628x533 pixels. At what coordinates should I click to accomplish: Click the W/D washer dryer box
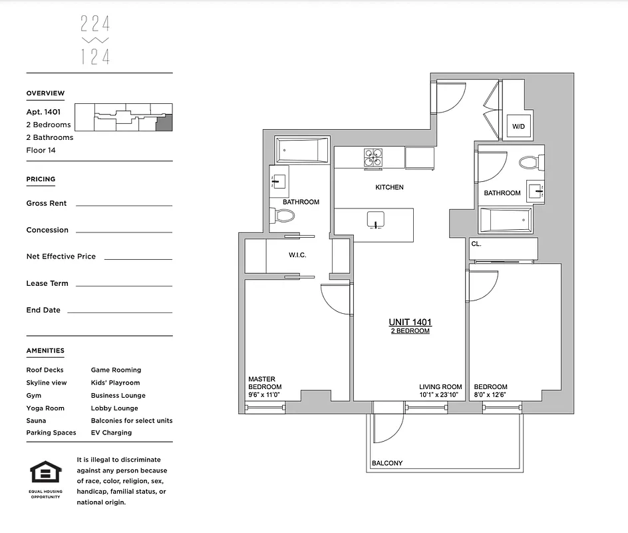point(518,127)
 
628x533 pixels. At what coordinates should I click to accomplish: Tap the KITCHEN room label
point(389,187)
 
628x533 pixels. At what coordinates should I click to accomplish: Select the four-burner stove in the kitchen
point(373,158)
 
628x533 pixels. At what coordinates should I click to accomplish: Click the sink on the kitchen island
point(376,222)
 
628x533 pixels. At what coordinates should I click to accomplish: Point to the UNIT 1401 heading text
point(410,322)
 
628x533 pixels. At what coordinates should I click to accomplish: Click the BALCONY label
point(387,463)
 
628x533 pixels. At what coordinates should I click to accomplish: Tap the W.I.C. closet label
point(297,255)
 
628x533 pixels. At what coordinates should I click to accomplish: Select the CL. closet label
point(476,244)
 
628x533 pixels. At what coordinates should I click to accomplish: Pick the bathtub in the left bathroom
point(303,151)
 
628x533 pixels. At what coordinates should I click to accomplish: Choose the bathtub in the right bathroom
point(506,220)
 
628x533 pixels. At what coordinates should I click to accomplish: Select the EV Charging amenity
point(111,432)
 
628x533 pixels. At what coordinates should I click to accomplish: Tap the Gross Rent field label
point(47,203)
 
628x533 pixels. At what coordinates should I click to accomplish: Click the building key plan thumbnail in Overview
point(123,117)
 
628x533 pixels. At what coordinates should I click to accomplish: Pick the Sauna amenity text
point(36,420)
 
